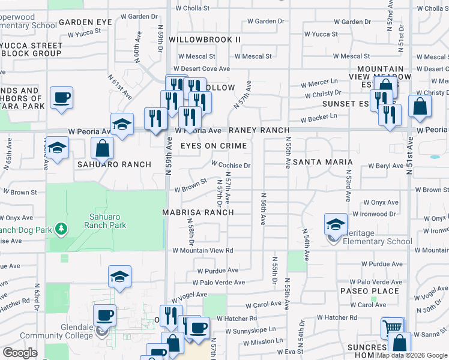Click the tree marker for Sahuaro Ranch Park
click(x=60, y=229)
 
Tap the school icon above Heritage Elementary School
click(x=336, y=225)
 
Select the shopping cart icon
click(x=393, y=328)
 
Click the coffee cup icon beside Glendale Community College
click(x=104, y=316)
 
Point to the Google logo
click(x=20, y=353)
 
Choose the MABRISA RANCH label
click(x=197, y=212)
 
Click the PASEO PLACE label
click(x=369, y=291)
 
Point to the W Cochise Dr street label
click(x=231, y=165)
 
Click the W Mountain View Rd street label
click(x=202, y=250)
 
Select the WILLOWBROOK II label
click(x=205, y=39)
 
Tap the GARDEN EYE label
click(x=85, y=22)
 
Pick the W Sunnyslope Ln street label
click(x=251, y=329)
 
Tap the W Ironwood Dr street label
click(x=375, y=214)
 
